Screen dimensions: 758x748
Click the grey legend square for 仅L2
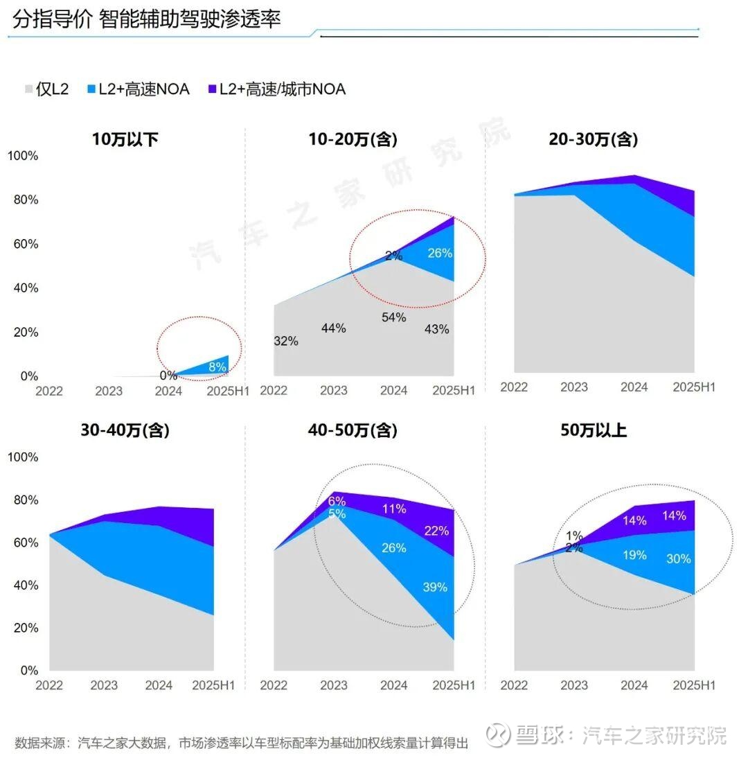pyautogui.click(x=28, y=89)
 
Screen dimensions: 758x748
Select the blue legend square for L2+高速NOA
pyautogui.click(x=91, y=89)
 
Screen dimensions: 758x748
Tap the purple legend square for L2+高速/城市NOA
pyautogui.click(x=212, y=89)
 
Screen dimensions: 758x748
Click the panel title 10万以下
pyautogui.click(x=125, y=139)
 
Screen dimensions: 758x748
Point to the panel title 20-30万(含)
pyautogui.click(x=593, y=139)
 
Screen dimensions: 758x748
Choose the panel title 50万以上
pyautogui.click(x=593, y=430)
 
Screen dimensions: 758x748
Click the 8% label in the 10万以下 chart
pyautogui.click(x=217, y=367)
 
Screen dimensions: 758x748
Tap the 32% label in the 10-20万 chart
pyautogui.click(x=285, y=341)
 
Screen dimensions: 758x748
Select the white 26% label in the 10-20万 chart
pyautogui.click(x=439, y=254)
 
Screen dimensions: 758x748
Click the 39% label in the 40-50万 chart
pyautogui.click(x=435, y=587)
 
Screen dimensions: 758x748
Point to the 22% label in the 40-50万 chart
pyautogui.click(x=436, y=531)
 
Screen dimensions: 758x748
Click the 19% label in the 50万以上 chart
pyautogui.click(x=634, y=555)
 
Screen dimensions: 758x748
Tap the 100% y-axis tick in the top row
pyautogui.click(x=22, y=156)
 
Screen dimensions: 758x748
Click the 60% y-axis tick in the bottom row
pyautogui.click(x=25, y=543)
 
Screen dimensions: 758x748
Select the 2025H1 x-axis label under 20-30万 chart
pyautogui.click(x=694, y=387)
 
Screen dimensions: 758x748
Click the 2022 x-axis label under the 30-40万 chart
pyautogui.click(x=49, y=685)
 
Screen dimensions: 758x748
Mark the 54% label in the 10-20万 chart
pyautogui.click(x=393, y=317)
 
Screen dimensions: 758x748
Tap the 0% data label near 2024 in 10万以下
pyautogui.click(x=168, y=376)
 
